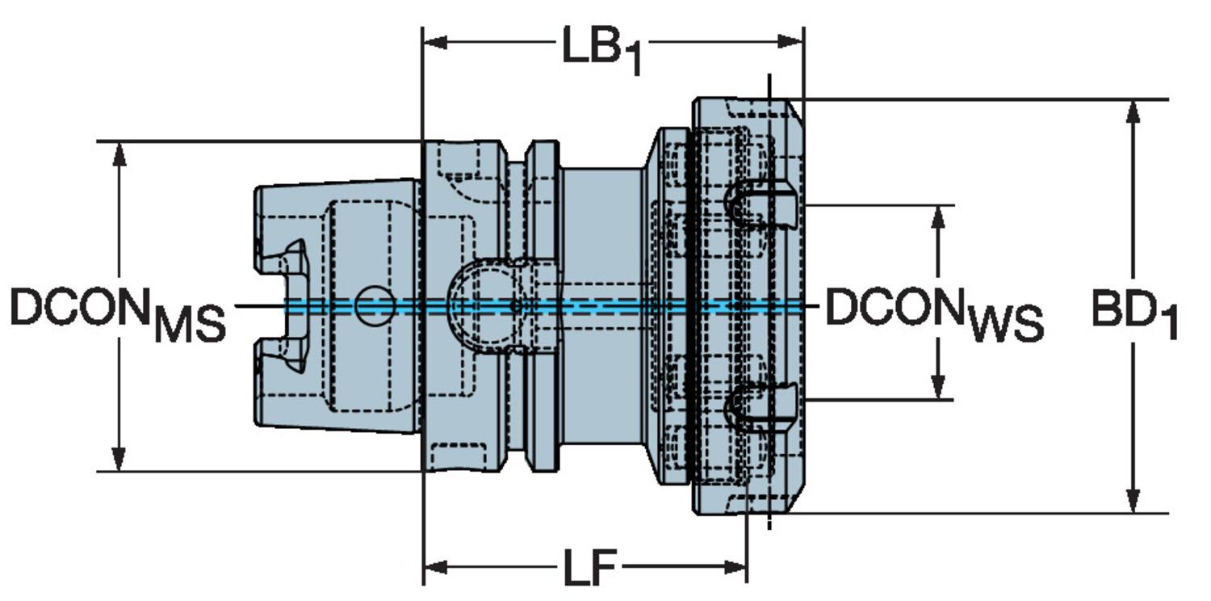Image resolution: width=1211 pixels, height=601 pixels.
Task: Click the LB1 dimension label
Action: pos(601,50)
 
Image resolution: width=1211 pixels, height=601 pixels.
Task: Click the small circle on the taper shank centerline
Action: pos(375,306)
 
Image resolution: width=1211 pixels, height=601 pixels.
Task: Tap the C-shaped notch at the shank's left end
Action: pos(287,305)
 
